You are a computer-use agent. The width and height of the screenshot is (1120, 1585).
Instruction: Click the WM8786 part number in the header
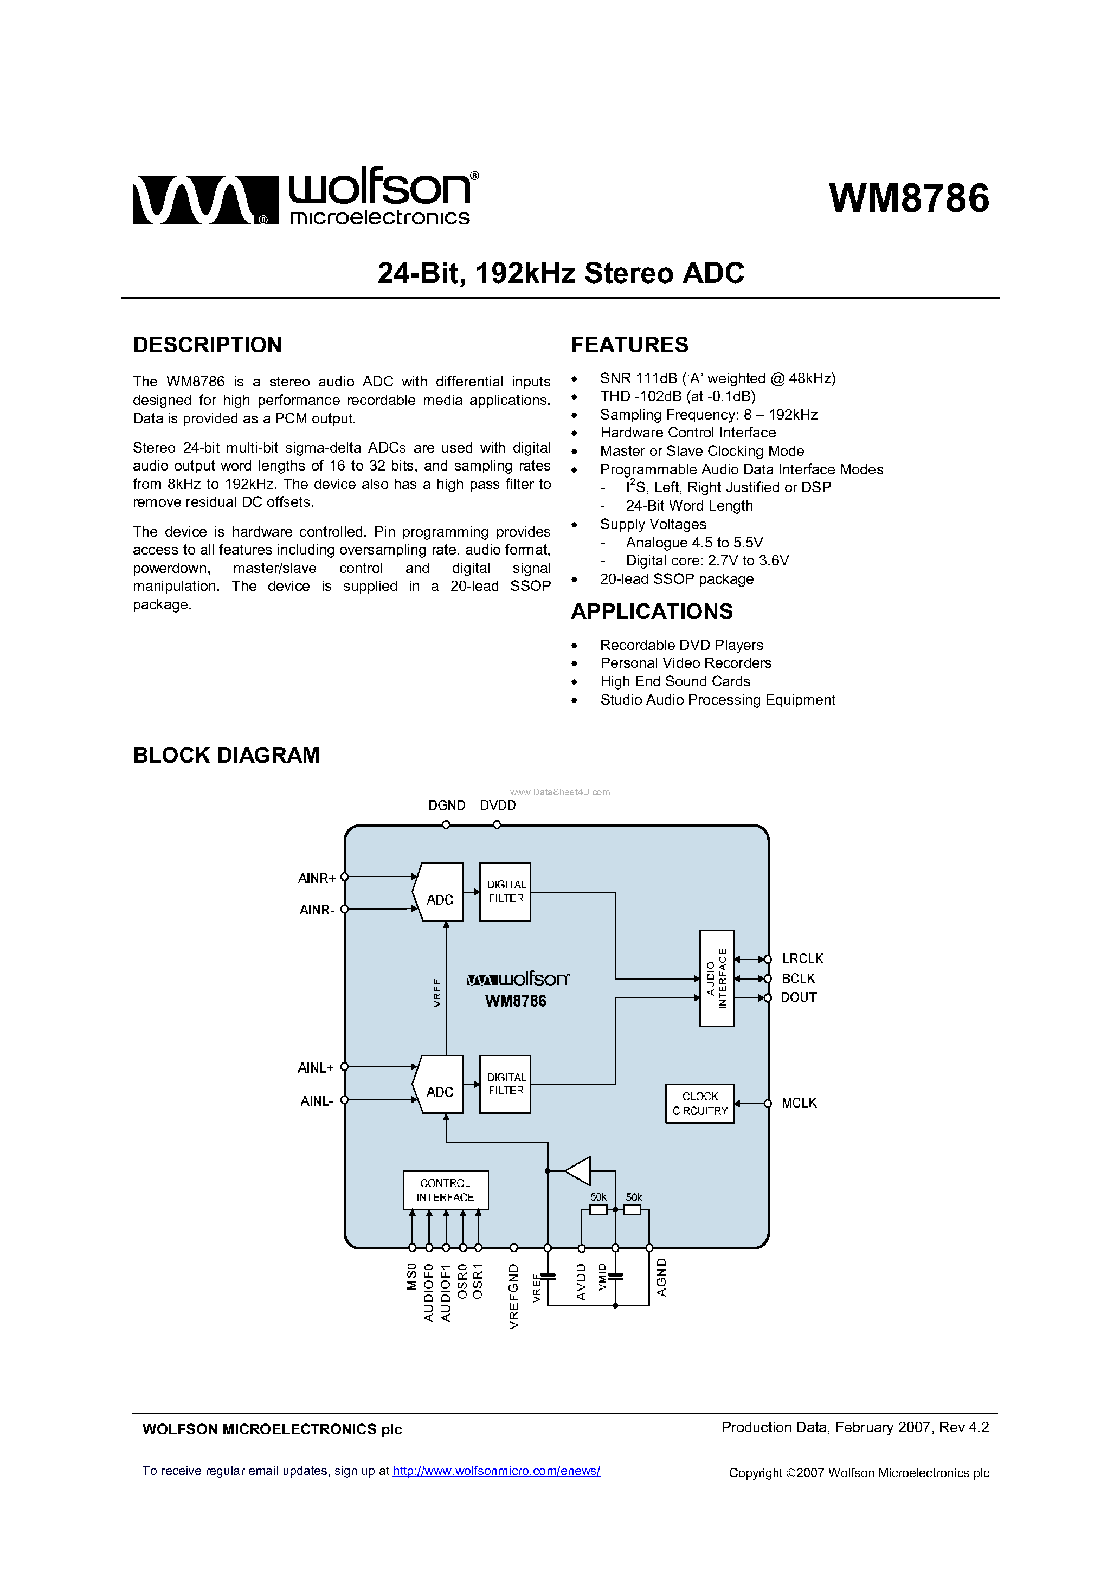909,199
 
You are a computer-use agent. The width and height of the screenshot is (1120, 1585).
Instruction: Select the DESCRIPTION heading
207,345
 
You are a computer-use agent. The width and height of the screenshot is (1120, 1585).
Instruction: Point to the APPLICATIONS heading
651,611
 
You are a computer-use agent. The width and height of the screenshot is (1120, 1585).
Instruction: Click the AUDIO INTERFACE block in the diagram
716,978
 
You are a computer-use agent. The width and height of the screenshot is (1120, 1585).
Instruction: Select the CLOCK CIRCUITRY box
699,1103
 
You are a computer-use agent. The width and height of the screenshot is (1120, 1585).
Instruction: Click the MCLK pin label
799,1103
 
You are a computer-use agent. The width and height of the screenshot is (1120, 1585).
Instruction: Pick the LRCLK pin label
802,959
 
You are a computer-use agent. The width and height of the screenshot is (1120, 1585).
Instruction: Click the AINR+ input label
316,878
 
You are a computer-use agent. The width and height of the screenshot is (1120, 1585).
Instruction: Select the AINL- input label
316,1101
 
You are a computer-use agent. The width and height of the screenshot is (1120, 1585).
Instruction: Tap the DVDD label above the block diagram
498,806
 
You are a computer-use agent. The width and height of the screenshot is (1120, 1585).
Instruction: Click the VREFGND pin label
514,1296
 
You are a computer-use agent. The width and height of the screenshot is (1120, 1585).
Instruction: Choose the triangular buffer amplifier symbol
578,1171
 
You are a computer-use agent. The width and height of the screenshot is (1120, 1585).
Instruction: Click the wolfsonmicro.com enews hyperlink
497,1471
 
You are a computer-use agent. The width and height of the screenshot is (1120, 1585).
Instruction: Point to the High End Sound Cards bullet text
674,681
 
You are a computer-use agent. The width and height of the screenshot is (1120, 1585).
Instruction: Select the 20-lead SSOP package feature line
676,579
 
